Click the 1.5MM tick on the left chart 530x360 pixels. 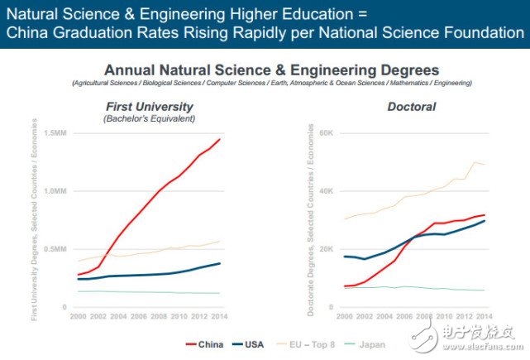[54, 133]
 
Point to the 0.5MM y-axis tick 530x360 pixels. [54, 249]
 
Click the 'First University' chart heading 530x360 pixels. [150, 106]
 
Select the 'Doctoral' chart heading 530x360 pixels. [411, 107]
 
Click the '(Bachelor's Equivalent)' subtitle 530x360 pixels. [150, 119]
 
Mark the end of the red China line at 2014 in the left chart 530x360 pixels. [220, 139]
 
